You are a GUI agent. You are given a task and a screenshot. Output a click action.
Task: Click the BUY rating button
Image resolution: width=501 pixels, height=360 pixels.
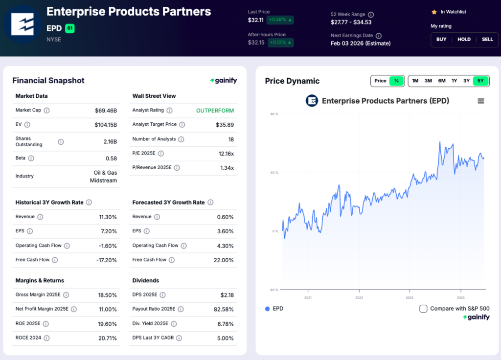441,39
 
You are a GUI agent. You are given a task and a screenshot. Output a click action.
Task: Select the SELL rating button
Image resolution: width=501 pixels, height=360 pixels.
487,39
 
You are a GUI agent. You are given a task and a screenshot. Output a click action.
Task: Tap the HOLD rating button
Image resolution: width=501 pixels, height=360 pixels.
464,39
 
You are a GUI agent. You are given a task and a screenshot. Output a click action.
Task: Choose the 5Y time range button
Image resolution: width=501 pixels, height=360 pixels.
480,81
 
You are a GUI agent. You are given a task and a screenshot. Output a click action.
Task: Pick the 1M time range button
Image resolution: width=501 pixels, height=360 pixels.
415,81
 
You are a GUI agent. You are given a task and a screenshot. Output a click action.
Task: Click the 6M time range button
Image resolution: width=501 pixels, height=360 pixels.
441,81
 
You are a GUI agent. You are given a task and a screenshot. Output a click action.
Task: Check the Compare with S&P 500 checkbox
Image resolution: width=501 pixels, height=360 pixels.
423,309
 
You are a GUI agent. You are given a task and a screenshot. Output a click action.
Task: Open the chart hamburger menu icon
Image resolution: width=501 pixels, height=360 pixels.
480,101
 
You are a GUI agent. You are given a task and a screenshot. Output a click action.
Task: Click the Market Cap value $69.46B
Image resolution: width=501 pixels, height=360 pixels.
106,111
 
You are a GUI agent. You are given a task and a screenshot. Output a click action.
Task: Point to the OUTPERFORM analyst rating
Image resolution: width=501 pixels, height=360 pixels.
215,111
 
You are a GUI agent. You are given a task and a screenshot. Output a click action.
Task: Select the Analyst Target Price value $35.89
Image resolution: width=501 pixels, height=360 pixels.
225,125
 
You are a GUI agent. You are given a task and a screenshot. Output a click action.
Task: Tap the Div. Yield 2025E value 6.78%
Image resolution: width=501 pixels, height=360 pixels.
224,323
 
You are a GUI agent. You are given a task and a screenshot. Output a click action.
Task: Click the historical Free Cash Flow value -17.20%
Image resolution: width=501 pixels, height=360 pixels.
107,260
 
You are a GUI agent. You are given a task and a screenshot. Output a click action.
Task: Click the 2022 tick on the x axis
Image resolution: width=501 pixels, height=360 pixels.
359,297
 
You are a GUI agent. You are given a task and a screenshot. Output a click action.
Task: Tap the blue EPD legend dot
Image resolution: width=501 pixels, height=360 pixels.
267,309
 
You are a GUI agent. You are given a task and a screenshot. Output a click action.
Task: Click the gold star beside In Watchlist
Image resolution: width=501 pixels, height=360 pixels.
433,12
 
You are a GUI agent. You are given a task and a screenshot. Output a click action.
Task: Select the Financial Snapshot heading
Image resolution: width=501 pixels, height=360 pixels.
48,81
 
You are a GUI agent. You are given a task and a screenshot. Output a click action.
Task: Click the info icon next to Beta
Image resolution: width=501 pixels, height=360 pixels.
31,158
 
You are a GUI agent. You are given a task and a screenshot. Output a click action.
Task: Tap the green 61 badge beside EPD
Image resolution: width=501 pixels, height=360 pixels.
69,28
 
